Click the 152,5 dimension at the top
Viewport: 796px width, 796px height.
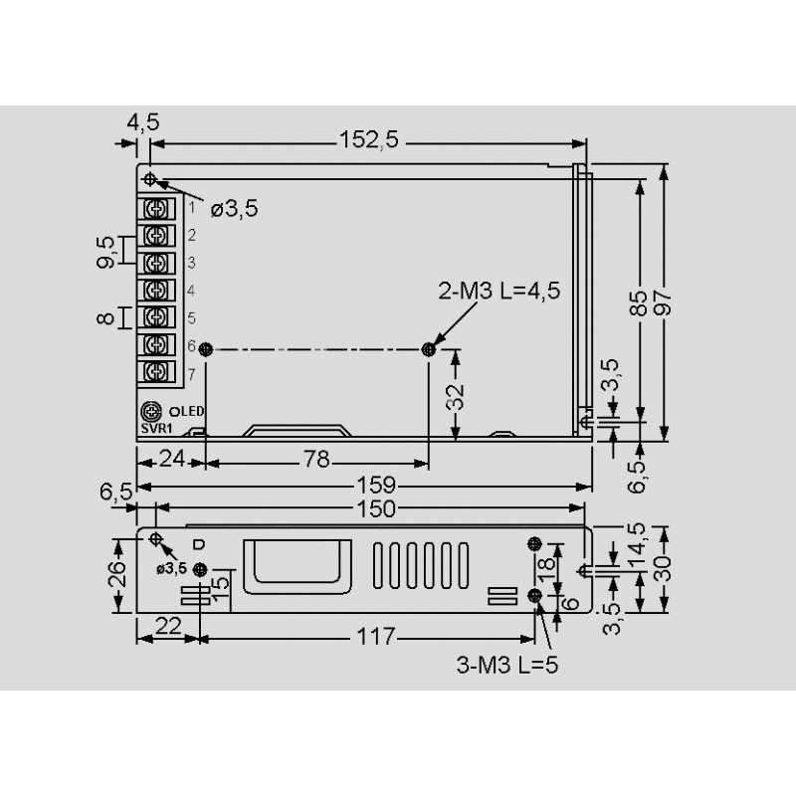point(369,140)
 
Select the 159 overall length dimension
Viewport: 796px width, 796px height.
point(376,486)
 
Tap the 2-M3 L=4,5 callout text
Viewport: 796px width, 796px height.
point(499,291)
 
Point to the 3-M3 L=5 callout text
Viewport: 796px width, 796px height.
point(507,665)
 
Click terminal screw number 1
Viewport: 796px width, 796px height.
point(156,209)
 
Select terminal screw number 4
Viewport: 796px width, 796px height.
point(156,291)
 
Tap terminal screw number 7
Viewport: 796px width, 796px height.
point(156,372)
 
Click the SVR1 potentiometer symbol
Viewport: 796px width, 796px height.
point(151,411)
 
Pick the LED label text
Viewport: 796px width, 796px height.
point(190,411)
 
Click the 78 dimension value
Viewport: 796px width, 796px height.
point(316,460)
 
